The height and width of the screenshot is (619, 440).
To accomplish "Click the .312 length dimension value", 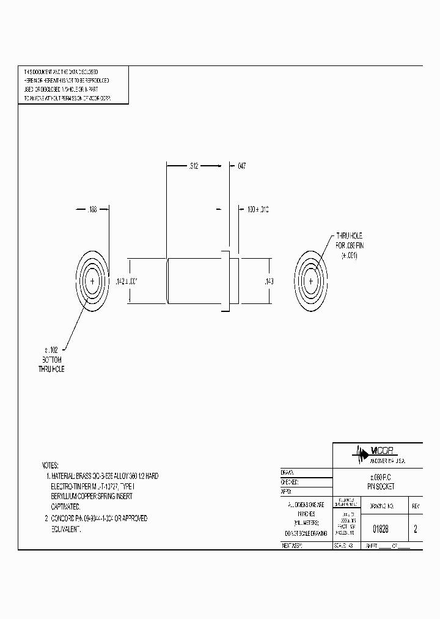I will (x=194, y=165).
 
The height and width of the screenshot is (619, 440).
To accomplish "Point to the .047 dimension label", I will (x=241, y=165).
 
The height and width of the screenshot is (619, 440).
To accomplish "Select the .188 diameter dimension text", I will (x=91, y=209).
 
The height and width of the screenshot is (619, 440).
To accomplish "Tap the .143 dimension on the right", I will (x=268, y=281).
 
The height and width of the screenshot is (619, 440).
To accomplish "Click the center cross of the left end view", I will (x=92, y=281).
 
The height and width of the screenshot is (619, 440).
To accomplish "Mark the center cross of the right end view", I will (x=311, y=281).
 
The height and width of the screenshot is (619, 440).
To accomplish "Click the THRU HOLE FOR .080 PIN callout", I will (x=349, y=246).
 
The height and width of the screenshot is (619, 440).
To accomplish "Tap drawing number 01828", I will (x=380, y=530).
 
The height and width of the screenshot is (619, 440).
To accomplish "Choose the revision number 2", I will (x=416, y=530).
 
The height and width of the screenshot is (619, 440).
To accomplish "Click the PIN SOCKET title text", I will (x=380, y=486).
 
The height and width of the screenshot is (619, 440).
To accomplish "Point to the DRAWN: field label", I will (x=287, y=473).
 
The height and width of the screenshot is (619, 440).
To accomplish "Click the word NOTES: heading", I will (x=51, y=465).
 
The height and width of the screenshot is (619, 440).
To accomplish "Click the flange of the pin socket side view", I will (x=226, y=281).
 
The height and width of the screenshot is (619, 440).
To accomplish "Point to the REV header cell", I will (x=416, y=506).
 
